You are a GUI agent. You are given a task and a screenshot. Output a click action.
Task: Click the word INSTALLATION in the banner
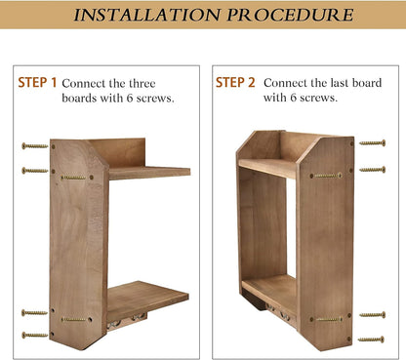(147, 15)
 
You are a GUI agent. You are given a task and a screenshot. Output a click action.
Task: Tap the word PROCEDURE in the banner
(290, 15)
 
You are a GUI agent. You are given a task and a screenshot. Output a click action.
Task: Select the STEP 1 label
(37, 83)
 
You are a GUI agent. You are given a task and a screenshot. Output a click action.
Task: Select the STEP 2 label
(235, 83)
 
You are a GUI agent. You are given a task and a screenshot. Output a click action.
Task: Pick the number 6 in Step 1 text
(130, 99)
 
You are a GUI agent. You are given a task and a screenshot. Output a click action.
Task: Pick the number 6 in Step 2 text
(294, 98)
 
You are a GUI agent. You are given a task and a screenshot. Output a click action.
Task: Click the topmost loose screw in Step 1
(35, 146)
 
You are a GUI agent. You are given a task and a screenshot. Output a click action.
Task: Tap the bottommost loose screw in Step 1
(35, 335)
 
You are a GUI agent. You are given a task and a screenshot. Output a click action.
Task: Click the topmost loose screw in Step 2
(373, 143)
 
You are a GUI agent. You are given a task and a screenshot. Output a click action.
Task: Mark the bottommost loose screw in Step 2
(371, 340)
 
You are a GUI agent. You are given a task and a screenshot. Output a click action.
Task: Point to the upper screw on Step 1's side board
(73, 178)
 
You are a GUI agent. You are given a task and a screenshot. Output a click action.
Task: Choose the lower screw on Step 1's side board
(73, 319)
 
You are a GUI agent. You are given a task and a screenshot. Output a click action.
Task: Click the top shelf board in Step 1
(149, 173)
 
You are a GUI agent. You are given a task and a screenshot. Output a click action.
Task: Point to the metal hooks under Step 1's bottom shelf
(127, 320)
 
